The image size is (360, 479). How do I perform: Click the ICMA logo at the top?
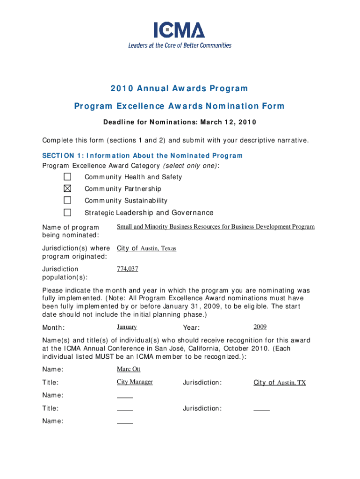[x=180, y=30]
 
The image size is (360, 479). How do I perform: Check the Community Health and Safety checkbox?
[x=68, y=177]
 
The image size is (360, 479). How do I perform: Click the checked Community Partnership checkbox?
[x=68, y=189]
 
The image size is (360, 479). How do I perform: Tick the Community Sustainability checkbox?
[x=68, y=200]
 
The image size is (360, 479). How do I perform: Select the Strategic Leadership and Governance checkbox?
[x=68, y=212]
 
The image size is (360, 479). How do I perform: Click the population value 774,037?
[x=127, y=269]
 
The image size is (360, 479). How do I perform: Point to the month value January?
[x=127, y=327]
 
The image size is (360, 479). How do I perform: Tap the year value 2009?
[x=260, y=327]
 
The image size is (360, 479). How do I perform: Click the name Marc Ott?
[x=129, y=370]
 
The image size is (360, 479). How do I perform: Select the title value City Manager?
[x=135, y=382]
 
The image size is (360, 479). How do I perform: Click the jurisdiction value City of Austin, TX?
[x=280, y=383]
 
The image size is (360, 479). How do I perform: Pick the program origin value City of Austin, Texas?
[x=146, y=248]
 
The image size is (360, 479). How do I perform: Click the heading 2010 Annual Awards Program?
[x=179, y=88]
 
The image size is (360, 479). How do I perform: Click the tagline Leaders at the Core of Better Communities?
[x=180, y=45]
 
